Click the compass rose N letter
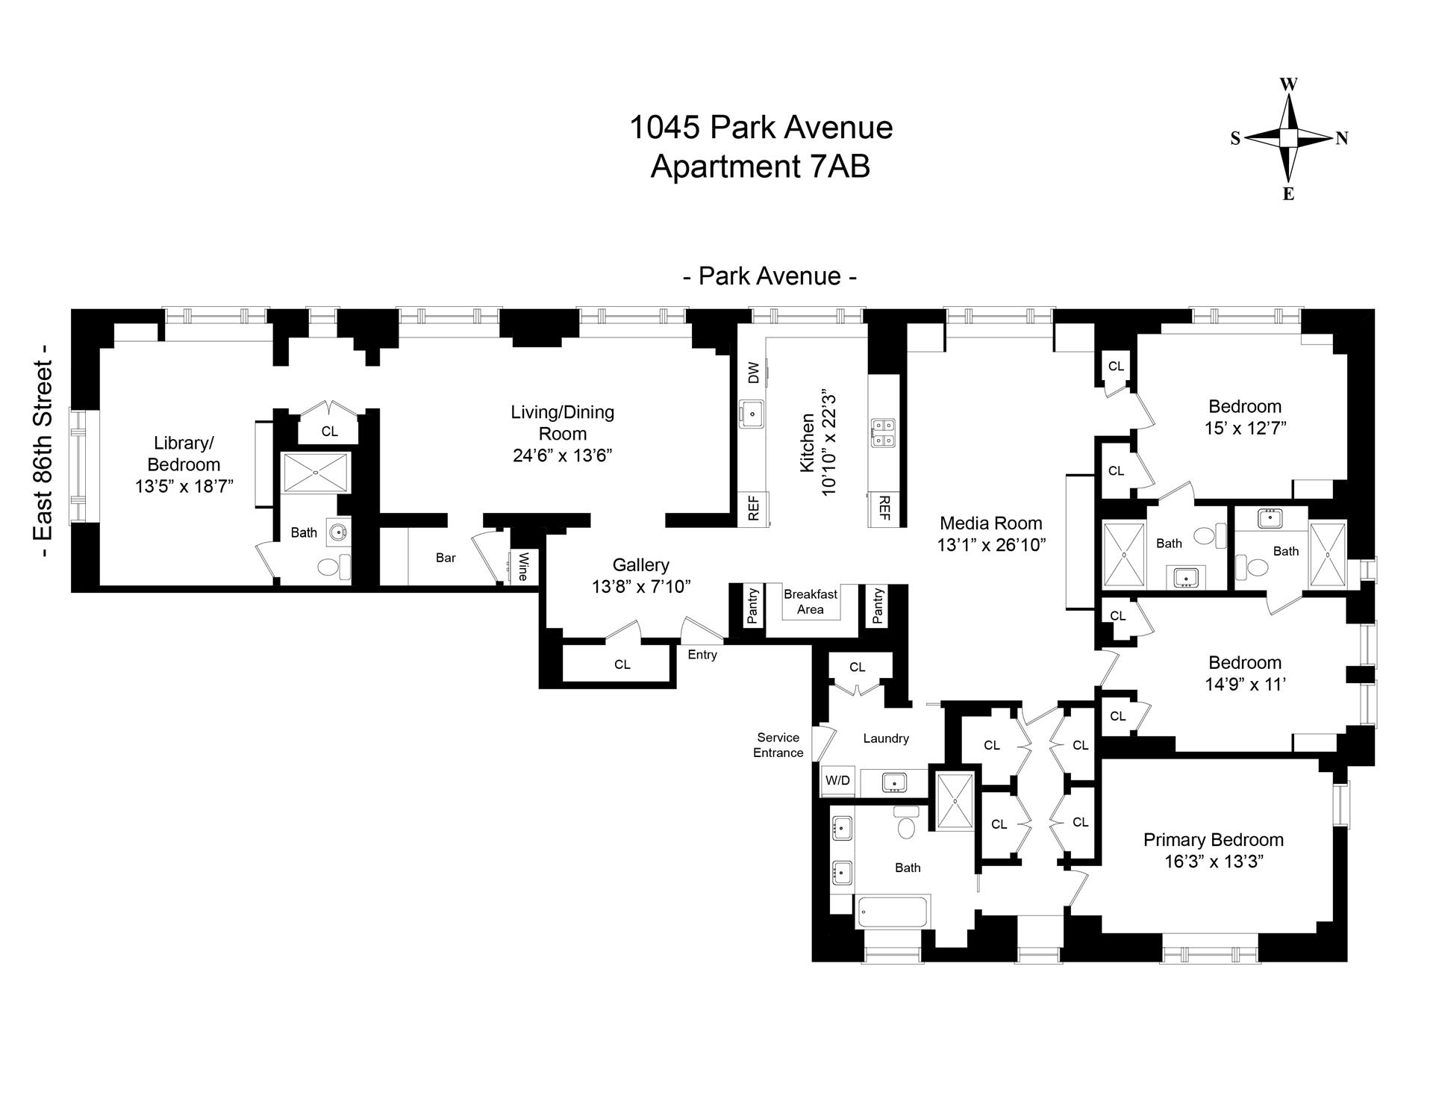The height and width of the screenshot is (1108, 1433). click(1341, 138)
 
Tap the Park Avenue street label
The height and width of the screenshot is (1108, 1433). click(769, 276)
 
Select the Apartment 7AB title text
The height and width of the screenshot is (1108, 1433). click(760, 166)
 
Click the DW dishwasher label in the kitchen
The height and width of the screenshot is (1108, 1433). click(753, 373)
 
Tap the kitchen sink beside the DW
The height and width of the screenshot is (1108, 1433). click(752, 413)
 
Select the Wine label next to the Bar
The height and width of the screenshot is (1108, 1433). click(523, 566)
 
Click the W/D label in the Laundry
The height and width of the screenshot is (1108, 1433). click(837, 780)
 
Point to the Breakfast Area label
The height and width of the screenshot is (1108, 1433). click(811, 602)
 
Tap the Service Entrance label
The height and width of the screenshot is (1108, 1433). click(778, 745)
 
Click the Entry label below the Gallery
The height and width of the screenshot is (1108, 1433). click(702, 655)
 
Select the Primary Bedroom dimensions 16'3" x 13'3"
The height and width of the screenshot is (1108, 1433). click(1214, 862)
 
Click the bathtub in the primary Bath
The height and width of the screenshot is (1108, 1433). click(892, 912)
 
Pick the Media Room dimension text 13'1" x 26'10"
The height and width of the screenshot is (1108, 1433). click(991, 545)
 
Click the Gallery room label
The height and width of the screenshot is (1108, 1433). click(640, 565)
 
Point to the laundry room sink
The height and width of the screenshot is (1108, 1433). click(893, 782)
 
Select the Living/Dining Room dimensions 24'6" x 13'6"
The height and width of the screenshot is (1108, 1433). click(562, 455)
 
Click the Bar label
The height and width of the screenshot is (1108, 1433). click(446, 558)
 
